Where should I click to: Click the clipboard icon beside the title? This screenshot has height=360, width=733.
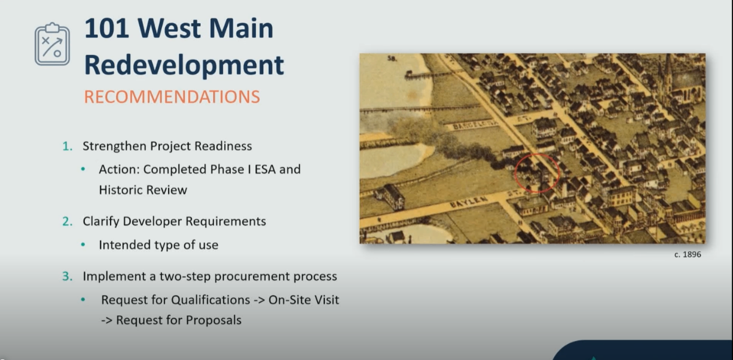tap(53, 44)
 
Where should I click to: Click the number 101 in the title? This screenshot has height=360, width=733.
tap(106, 29)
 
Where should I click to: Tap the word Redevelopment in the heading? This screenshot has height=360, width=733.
tap(184, 65)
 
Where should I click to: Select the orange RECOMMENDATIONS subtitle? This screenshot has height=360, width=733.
tap(172, 97)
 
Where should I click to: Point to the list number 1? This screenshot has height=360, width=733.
tap(67, 146)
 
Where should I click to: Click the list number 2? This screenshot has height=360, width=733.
tap(67, 221)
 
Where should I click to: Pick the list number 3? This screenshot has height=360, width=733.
tap(67, 276)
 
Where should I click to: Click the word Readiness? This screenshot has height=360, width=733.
tap(223, 146)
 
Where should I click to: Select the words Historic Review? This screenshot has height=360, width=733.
tap(143, 190)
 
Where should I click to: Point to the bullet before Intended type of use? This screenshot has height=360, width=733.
tap(83, 244)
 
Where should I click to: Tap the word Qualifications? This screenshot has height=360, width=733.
tap(210, 300)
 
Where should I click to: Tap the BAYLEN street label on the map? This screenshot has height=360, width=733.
tap(469, 202)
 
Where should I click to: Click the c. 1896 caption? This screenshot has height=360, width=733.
tap(688, 254)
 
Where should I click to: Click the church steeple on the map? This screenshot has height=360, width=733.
tap(668, 74)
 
